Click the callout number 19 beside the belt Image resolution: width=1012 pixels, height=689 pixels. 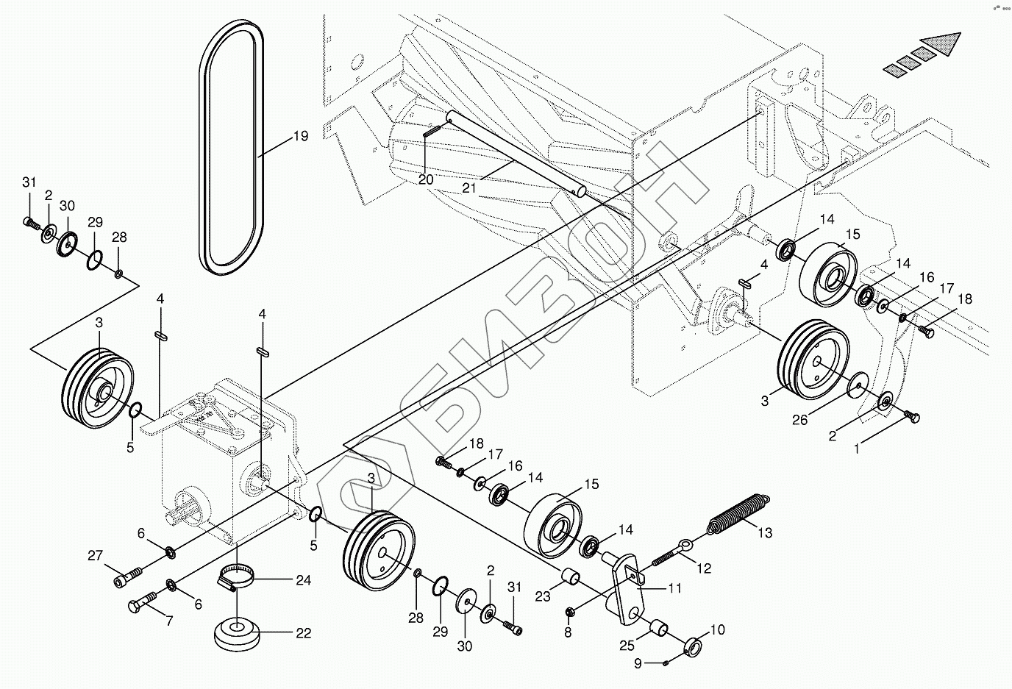pos(299,136)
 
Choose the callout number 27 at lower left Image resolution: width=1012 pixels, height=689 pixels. pos(96,557)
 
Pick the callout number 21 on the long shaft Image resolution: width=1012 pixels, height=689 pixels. pos(470,188)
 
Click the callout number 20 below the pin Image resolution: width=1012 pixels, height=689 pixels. pos(426,179)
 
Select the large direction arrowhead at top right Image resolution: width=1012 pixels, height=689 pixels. pos(947,46)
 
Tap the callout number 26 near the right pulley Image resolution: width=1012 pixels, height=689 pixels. pos(799,419)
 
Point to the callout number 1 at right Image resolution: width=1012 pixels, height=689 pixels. pos(856,450)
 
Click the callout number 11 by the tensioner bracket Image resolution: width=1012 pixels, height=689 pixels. pos(674,588)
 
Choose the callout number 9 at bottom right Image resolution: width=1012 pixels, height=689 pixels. pos(638,663)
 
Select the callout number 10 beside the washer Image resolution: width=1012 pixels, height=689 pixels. pos(717,630)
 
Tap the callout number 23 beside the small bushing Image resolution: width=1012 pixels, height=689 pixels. pos(543,597)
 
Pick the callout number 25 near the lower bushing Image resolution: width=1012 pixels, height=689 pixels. pos(626,645)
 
